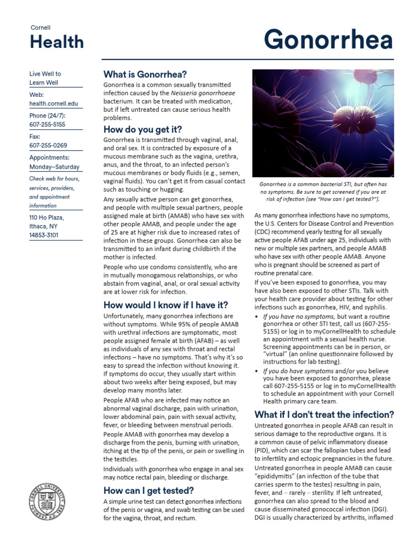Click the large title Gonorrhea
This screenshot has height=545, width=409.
point(328,40)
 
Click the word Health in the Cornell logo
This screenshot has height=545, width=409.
point(56,42)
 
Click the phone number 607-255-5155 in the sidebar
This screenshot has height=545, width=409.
point(47,124)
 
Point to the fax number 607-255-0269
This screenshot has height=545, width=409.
point(47,145)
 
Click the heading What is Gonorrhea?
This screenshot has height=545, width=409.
point(145,74)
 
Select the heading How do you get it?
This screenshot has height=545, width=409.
point(142,129)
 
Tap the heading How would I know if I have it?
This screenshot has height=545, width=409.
point(166,305)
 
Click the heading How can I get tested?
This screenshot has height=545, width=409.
point(148,490)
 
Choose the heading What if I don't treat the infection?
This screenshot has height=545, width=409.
point(324,414)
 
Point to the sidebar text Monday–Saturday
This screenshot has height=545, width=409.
point(55,167)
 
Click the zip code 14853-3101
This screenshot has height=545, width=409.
point(44,235)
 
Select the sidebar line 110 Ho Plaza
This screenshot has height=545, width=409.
point(46,218)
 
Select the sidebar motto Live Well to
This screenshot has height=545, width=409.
point(45,74)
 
